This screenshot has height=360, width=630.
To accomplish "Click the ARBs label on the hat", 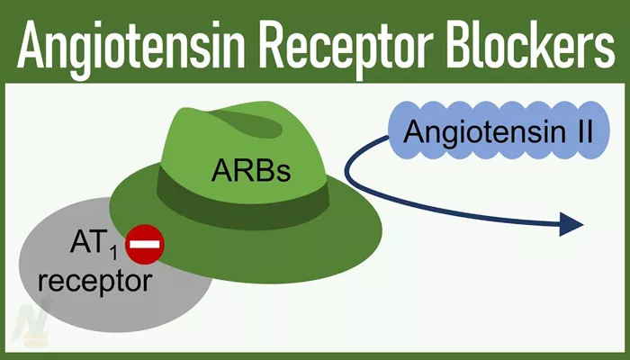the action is (x=251, y=170).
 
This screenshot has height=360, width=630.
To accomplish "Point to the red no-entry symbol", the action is (x=145, y=244).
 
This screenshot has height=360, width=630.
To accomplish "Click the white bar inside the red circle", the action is (x=145, y=244).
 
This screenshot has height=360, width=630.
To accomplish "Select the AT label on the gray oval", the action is (x=88, y=242).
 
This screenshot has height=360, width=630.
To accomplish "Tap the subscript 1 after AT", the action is (x=113, y=254).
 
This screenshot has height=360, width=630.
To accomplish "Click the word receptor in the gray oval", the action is (x=95, y=281).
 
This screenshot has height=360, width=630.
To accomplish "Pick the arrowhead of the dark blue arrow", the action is (x=571, y=224).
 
